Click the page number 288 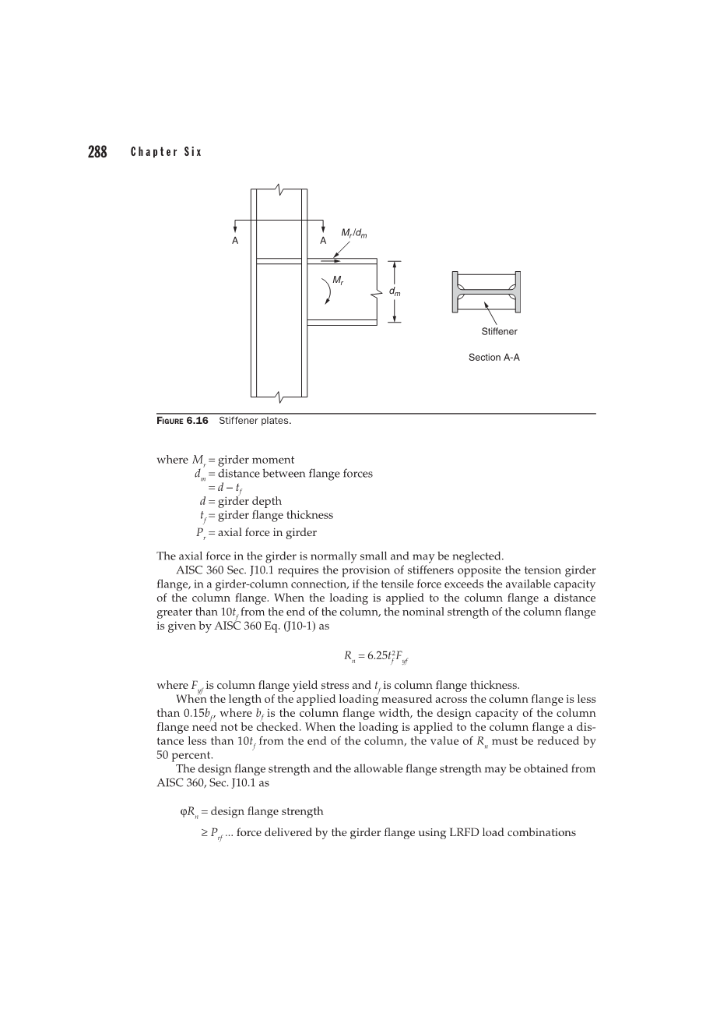[x=97, y=152]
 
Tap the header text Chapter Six [x=166, y=152]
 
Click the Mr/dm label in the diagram [x=354, y=234]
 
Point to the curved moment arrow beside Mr [x=328, y=291]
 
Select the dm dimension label [x=395, y=292]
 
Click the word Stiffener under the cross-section [x=499, y=331]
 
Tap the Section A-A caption [x=494, y=358]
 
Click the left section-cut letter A [x=235, y=241]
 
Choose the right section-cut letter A [x=323, y=241]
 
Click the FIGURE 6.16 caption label [x=182, y=421]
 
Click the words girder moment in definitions [x=256, y=460]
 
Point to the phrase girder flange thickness [x=276, y=515]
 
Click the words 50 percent [x=184, y=755]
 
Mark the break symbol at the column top [x=279, y=189]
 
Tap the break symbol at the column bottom [x=279, y=397]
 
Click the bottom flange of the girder [x=342, y=323]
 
